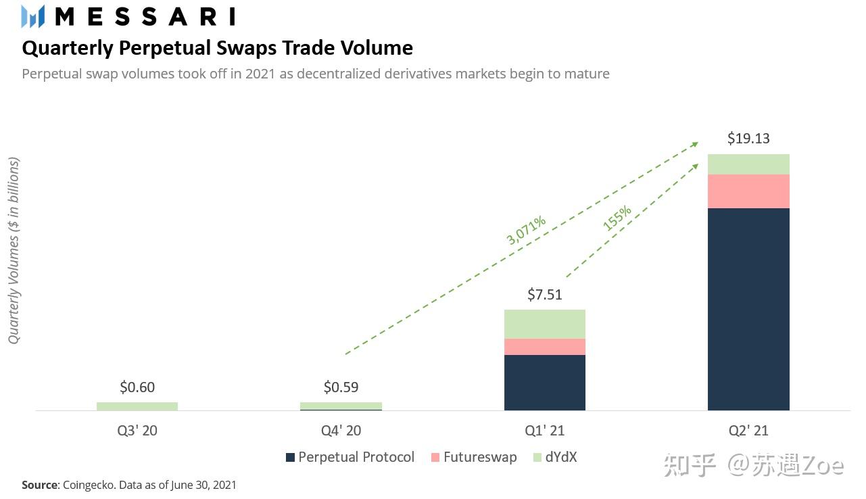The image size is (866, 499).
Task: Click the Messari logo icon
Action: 32,16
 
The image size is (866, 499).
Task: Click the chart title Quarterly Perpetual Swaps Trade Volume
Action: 217,48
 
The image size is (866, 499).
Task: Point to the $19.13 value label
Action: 748,139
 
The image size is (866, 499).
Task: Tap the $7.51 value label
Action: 544,294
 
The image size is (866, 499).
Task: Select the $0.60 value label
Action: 137,387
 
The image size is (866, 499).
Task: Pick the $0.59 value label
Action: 341,387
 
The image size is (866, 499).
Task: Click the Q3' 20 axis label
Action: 137,431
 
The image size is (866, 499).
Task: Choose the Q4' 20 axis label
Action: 341,431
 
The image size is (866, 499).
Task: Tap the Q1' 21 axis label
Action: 544,431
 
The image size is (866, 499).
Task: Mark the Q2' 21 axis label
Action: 748,431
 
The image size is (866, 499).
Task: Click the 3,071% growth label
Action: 526,229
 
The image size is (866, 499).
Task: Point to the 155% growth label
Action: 617,218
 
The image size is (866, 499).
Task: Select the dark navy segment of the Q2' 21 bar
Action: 748,308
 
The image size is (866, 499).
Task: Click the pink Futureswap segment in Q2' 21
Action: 748,191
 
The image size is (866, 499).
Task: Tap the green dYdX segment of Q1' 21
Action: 544,324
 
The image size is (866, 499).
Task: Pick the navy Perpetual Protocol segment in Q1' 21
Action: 544,382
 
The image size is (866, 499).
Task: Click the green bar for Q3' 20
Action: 137,406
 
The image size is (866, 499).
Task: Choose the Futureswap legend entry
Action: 473,458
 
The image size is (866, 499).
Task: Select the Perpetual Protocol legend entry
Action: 350,458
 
